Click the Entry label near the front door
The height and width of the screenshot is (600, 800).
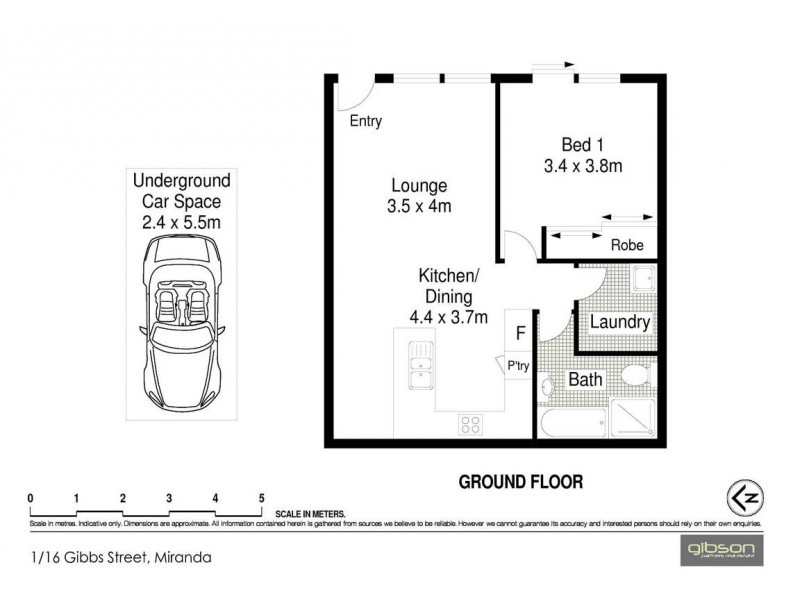coord(365,122)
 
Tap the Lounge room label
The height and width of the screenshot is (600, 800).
coord(418,186)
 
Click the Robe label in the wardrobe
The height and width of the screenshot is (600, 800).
coord(626,245)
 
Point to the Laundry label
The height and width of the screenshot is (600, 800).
coord(620,323)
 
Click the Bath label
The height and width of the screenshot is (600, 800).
coord(584,380)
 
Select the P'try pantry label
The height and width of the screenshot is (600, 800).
coord(518,367)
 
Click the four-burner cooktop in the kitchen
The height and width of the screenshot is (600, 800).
coord(472,424)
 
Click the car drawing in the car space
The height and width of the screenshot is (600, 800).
coord(183,319)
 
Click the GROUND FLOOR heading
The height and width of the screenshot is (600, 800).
coord(520,481)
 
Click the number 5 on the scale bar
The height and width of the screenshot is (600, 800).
coord(261,497)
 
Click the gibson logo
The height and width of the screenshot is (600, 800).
coord(722,550)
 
